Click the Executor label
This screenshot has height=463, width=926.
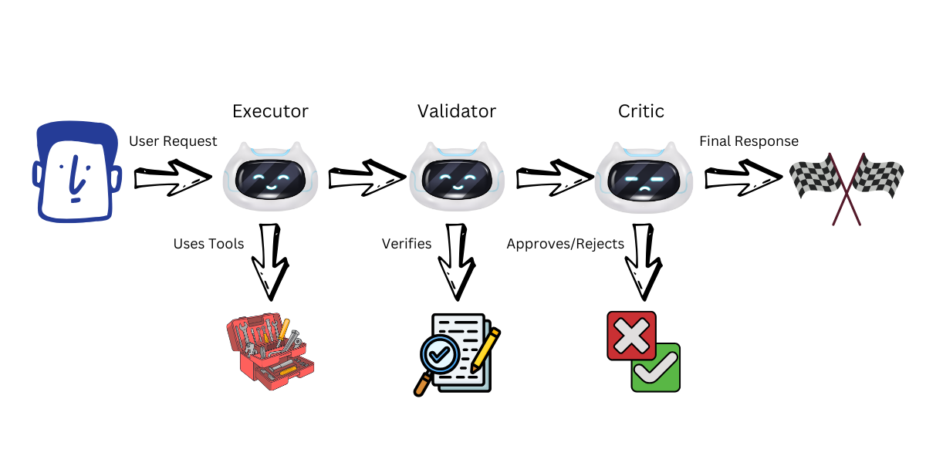point(270,111)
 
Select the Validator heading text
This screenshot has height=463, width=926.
point(457,111)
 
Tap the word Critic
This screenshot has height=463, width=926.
point(641,111)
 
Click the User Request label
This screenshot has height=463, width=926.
point(173,141)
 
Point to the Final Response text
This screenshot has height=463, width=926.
point(749,141)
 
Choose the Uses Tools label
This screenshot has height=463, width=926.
point(208,244)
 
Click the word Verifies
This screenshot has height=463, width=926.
point(407,244)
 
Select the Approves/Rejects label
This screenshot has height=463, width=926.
point(566,244)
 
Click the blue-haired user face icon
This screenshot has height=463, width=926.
point(76,174)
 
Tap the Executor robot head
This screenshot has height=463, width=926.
point(270,177)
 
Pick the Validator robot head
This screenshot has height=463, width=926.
point(457,177)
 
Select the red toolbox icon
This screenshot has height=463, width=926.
point(271,351)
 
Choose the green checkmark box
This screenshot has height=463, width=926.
point(656,369)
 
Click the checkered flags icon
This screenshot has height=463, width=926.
point(847,185)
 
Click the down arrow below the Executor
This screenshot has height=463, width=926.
point(270,262)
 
